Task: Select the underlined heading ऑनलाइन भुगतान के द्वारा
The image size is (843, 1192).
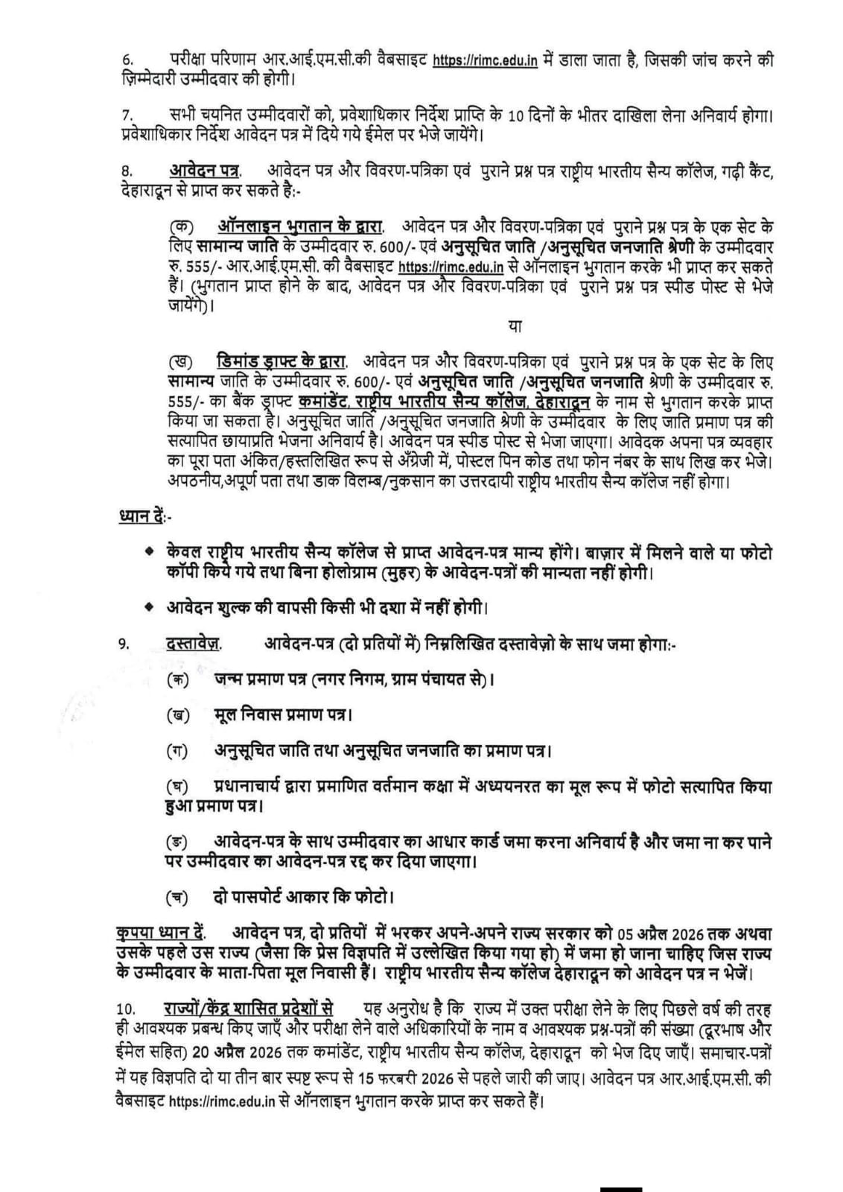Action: [x=301, y=225]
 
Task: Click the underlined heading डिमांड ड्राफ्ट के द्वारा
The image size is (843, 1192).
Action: [x=282, y=363]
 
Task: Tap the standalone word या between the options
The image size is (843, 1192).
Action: [x=514, y=326]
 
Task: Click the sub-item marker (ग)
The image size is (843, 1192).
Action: [x=176, y=750]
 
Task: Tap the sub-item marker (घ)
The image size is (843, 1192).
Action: [x=176, y=787]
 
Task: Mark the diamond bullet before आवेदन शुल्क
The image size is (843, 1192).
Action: [x=150, y=607]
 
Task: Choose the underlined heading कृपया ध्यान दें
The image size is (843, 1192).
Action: [x=161, y=933]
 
